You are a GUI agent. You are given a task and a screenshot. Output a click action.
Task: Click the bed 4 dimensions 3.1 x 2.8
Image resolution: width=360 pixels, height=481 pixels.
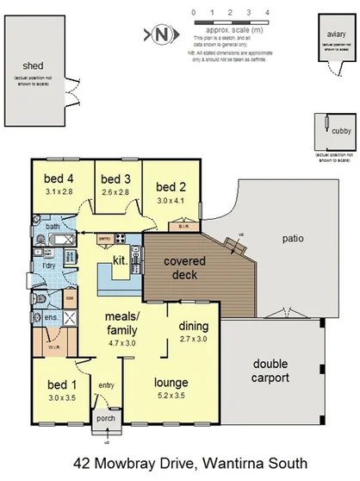59,192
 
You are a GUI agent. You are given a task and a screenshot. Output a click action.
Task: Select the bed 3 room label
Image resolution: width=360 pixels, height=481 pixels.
115,179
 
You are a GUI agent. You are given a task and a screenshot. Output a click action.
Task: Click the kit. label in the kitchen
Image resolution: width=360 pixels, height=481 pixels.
119,259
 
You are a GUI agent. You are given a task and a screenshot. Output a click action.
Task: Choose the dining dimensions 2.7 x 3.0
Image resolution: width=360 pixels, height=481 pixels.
193,340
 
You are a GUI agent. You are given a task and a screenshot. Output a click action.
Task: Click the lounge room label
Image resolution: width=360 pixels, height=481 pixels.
171,382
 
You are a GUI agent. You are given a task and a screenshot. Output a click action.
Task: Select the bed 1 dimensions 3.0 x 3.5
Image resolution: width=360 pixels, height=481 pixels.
60,399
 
